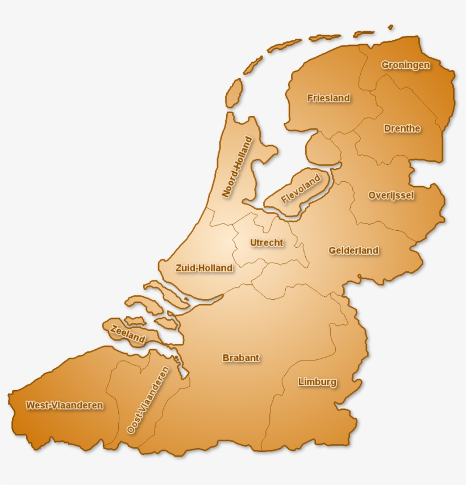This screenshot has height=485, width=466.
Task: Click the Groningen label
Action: [x=406, y=65]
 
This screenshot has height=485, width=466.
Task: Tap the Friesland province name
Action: [x=328, y=98]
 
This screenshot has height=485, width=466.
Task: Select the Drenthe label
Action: [x=402, y=128]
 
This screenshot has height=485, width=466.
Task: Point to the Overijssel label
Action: [x=391, y=195]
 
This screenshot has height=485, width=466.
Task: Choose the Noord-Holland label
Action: [x=237, y=167]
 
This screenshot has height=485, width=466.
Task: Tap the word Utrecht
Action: [x=267, y=243]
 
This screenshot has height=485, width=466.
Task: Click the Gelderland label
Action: [x=353, y=250]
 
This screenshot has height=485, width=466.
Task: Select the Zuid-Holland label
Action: [x=204, y=268]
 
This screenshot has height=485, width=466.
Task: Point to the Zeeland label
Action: [x=128, y=333]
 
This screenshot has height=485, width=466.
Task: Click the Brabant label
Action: [x=241, y=358]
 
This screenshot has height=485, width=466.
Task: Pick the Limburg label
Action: [x=317, y=382]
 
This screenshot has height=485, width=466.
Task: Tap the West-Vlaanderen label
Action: [x=64, y=405]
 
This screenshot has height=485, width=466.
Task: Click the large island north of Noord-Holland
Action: [x=234, y=93]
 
